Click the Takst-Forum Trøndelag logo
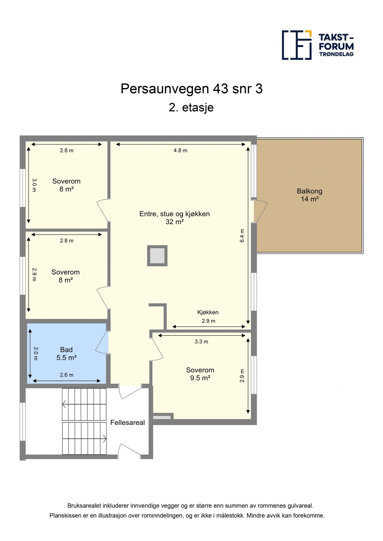(318, 45)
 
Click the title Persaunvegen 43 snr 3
(191, 89)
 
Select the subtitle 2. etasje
(191, 108)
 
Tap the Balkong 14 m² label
(310, 195)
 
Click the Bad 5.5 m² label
(66, 354)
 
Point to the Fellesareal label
(128, 423)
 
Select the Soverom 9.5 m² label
(200, 374)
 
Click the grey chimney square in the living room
(157, 256)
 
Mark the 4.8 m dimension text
(180, 151)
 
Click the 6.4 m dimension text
(242, 236)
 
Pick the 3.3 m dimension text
(201, 342)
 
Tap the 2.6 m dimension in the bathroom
(66, 375)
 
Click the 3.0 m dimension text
(34, 185)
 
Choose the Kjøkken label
(208, 312)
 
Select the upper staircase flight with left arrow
(84, 404)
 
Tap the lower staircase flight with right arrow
(84, 439)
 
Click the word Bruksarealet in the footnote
(84, 506)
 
